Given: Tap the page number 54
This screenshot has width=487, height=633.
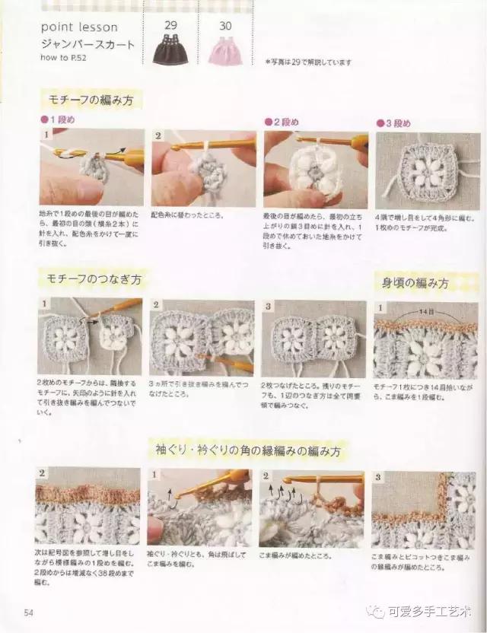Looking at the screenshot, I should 29,612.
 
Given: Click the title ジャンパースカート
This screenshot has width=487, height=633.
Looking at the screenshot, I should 88,43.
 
